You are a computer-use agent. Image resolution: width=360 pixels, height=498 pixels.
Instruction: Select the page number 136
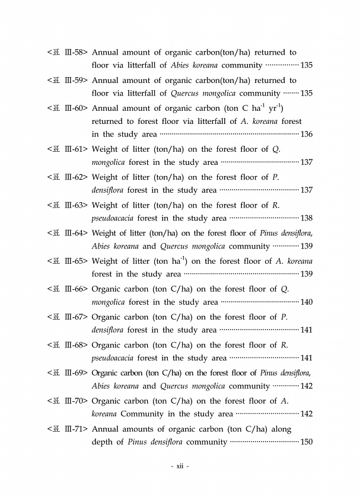pos(307,135)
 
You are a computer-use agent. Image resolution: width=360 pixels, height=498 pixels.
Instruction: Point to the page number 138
pos(307,218)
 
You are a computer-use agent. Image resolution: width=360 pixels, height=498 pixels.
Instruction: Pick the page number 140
pos(307,302)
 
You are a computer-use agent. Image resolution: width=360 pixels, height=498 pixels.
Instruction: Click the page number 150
pos(307,442)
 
